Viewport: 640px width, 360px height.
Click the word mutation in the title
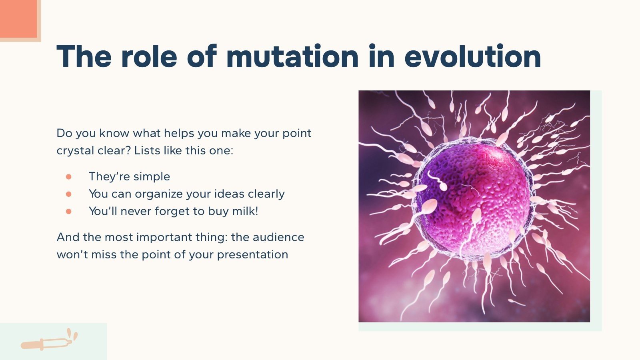pyautogui.click(x=292, y=56)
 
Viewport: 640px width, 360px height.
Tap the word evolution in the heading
pyautogui.click(x=472, y=56)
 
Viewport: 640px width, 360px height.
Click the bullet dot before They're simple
pyautogui.click(x=68, y=176)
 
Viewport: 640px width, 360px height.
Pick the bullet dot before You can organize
pyautogui.click(x=68, y=194)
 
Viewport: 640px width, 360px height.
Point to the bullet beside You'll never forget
pyautogui.click(x=68, y=211)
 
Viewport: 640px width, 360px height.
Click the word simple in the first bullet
pyautogui.click(x=152, y=176)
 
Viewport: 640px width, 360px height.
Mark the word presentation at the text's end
pyautogui.click(x=252, y=255)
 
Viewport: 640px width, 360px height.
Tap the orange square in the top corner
pyautogui.click(x=18, y=18)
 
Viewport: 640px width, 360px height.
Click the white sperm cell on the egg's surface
pyautogui.click(x=438, y=182)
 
